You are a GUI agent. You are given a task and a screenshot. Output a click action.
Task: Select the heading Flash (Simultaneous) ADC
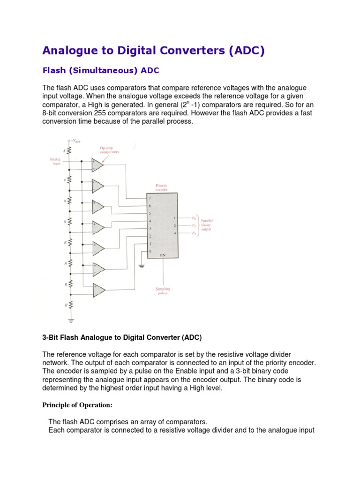(101, 71)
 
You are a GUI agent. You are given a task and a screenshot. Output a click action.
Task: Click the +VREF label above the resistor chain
(74, 140)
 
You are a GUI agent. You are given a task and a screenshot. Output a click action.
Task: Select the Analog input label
(55, 161)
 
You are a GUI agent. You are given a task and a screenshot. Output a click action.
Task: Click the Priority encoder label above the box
(161, 187)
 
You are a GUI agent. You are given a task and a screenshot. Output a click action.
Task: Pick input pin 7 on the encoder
(150, 198)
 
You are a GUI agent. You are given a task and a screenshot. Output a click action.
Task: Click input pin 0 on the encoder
(150, 252)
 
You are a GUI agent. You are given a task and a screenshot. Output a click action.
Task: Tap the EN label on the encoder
(163, 255)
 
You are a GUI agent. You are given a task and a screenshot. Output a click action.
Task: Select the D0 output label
(194, 218)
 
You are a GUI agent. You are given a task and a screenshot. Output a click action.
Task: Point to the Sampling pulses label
(163, 291)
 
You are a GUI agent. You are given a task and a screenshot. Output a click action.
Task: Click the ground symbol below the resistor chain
(70, 321)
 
